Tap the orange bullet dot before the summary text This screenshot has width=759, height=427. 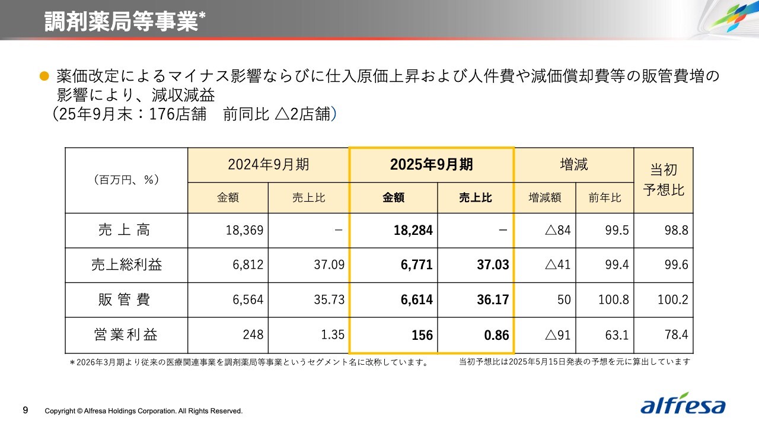tap(43, 76)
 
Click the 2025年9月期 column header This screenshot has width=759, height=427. tap(431, 164)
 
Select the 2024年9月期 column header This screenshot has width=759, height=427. tap(268, 164)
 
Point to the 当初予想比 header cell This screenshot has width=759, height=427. tap(663, 180)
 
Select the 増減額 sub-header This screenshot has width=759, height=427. tap(544, 197)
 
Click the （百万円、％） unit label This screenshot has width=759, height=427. tap(126, 180)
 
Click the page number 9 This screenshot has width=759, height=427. tap(25, 410)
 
